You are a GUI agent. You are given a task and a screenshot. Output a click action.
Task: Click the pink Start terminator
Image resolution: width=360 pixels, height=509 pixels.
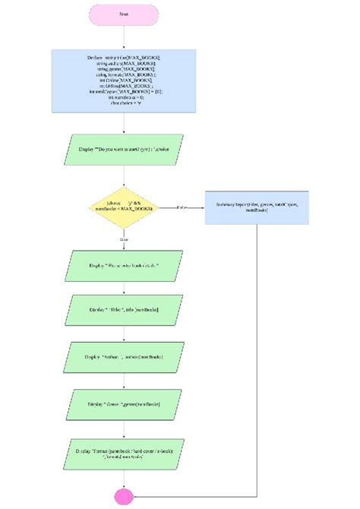(123, 15)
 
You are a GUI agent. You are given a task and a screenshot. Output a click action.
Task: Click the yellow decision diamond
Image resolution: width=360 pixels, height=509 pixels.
(123, 206)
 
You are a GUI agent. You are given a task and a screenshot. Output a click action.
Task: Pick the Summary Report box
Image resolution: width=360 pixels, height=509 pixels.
(257, 206)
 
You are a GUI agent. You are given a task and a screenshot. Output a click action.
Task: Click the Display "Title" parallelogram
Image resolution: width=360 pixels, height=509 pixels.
(123, 310)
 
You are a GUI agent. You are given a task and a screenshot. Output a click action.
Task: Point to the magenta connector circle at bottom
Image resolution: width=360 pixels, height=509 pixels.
(123, 498)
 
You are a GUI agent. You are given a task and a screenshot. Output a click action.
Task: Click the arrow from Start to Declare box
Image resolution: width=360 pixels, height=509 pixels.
(123, 38)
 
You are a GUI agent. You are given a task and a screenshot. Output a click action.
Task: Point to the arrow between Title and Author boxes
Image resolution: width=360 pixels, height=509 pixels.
(123, 332)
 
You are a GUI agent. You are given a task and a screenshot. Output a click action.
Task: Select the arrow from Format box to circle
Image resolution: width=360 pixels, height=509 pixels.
(123, 480)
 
